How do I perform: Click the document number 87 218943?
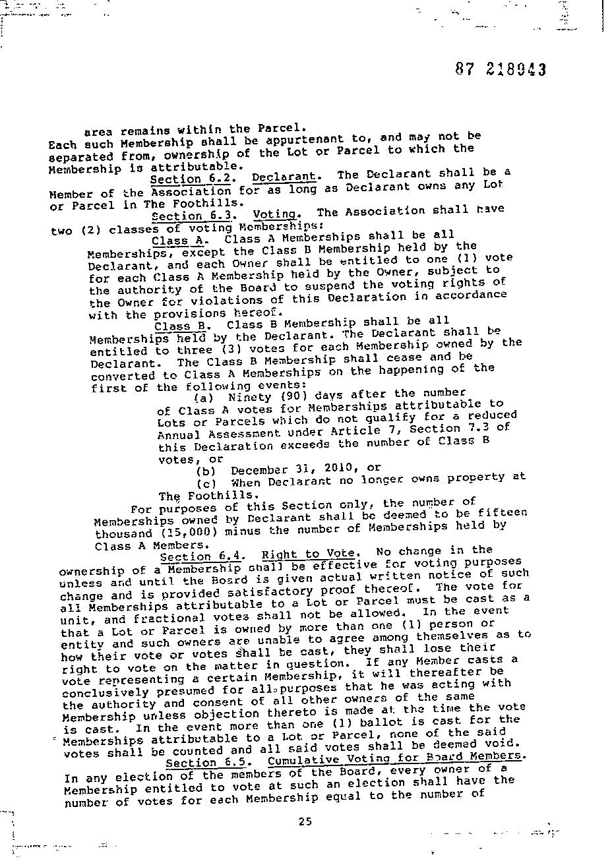(501, 70)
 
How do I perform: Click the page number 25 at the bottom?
(305, 821)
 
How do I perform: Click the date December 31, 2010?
(282, 469)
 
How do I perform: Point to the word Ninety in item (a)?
(249, 397)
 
